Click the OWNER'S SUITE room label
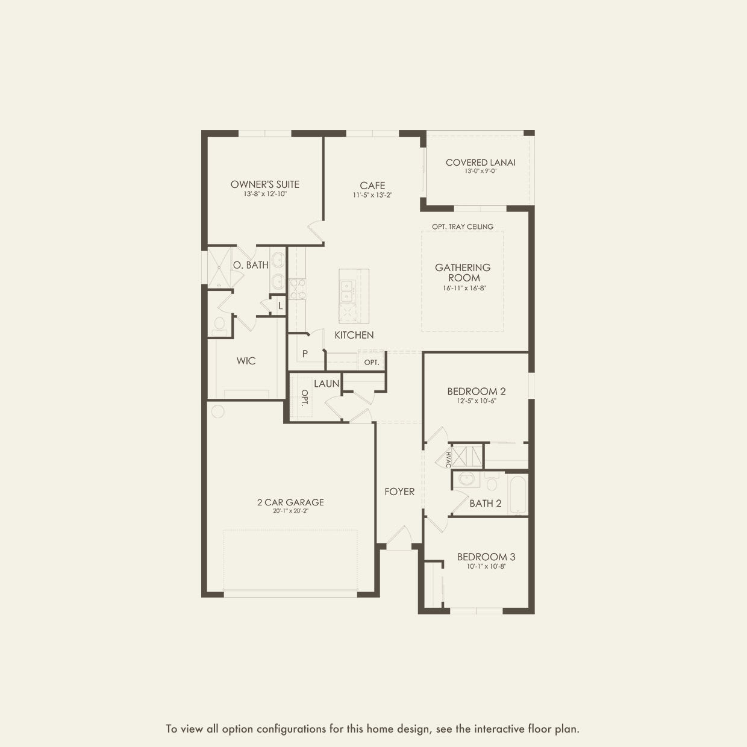pyautogui.click(x=264, y=184)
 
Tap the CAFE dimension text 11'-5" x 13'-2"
pyautogui.click(x=372, y=195)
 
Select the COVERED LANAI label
pyautogui.click(x=480, y=162)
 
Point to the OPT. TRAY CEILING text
pyautogui.click(x=462, y=227)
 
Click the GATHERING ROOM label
pyautogui.click(x=463, y=272)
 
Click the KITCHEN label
pyautogui.click(x=354, y=335)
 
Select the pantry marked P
pyautogui.click(x=305, y=354)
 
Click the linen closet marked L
pyautogui.click(x=280, y=305)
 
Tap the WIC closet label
pyautogui.click(x=246, y=361)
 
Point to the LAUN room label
pyautogui.click(x=326, y=383)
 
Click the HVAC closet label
pyautogui.click(x=448, y=459)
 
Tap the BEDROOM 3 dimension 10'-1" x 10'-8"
pyautogui.click(x=486, y=566)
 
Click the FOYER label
pyautogui.click(x=399, y=492)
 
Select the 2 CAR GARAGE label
pyautogui.click(x=290, y=502)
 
